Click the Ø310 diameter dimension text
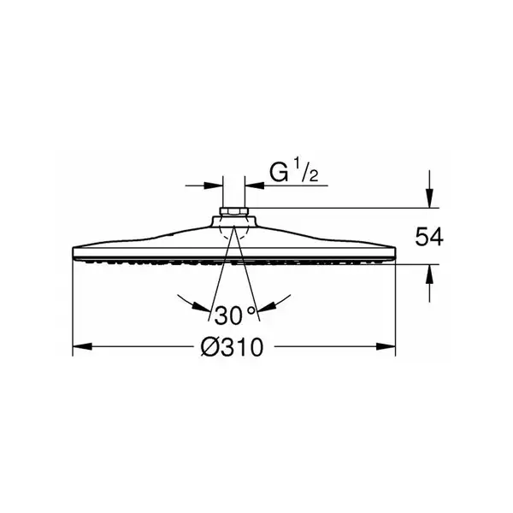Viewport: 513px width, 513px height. [232, 347]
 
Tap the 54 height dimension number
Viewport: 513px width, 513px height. [429, 237]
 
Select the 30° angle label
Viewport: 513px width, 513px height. [234, 315]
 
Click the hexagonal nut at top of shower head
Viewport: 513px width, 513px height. [234, 211]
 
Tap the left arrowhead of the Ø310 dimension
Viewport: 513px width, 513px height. [82, 346]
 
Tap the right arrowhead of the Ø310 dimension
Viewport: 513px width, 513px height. [386, 346]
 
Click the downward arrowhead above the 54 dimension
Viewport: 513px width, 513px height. [429, 198]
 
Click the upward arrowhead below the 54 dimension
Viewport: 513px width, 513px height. [429, 274]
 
